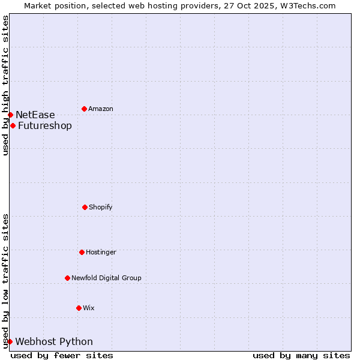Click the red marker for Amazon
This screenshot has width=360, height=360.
84,109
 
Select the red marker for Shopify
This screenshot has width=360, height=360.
85,207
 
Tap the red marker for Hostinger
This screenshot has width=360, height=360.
82,252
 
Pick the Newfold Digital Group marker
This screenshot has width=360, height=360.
67,278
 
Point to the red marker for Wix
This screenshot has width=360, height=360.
79,308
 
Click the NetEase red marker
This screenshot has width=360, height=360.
10,115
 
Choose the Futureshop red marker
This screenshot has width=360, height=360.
13,125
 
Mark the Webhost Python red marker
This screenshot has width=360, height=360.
10,341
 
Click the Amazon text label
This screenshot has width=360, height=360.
101,109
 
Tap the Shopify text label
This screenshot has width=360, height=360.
101,207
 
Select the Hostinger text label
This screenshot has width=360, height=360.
101,252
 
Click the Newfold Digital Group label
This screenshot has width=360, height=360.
106,278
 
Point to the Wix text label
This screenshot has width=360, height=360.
89,308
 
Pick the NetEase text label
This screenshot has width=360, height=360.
35,115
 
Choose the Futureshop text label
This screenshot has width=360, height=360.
45,125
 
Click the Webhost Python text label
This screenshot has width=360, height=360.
54,341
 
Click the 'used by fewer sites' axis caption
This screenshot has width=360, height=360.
62,355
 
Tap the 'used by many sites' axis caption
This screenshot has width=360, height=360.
301,355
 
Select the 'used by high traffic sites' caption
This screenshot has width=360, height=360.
5,85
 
